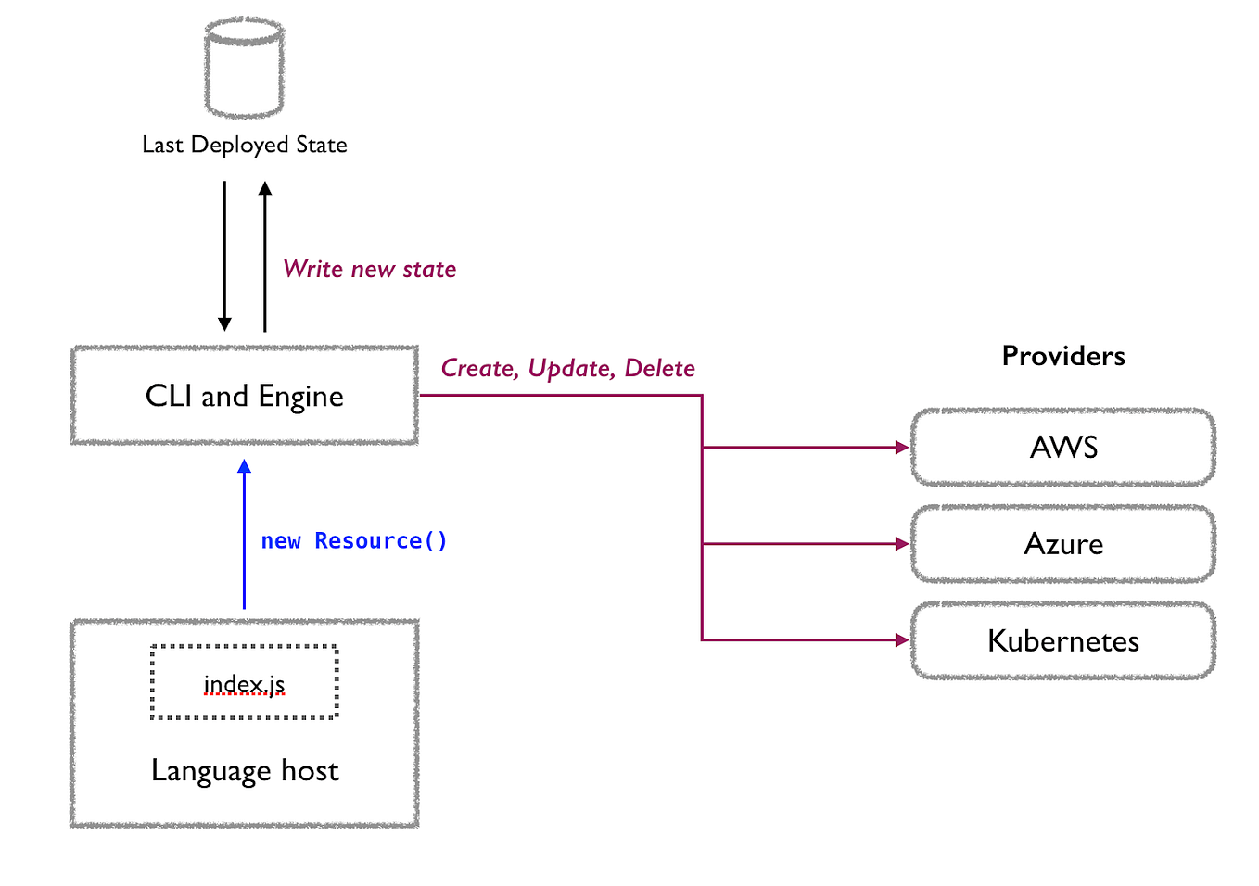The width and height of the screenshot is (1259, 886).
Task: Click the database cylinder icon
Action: (244, 69)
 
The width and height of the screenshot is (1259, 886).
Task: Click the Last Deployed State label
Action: (245, 145)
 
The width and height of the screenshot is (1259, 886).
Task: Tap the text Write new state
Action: (369, 269)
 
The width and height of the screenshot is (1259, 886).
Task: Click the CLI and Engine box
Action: (245, 396)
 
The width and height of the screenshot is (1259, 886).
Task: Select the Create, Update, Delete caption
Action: (567, 368)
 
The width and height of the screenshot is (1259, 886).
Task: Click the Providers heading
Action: (1063, 356)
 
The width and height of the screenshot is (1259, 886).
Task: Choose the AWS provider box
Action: (1063, 448)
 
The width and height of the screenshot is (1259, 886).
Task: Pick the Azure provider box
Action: (1063, 544)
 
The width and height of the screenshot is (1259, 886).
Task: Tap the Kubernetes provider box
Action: (1063, 640)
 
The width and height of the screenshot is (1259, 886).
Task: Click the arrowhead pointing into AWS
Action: (902, 448)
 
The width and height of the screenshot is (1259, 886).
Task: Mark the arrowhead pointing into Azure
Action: (902, 544)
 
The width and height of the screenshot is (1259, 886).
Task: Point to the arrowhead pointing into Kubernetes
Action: (902, 639)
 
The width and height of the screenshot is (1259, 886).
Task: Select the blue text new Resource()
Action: (354, 540)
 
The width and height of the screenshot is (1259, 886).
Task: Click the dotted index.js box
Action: (245, 683)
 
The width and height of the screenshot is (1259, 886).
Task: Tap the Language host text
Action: (245, 770)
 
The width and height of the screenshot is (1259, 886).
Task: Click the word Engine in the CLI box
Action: (300, 397)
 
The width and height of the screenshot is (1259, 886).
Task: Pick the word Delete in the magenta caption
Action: (659, 368)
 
